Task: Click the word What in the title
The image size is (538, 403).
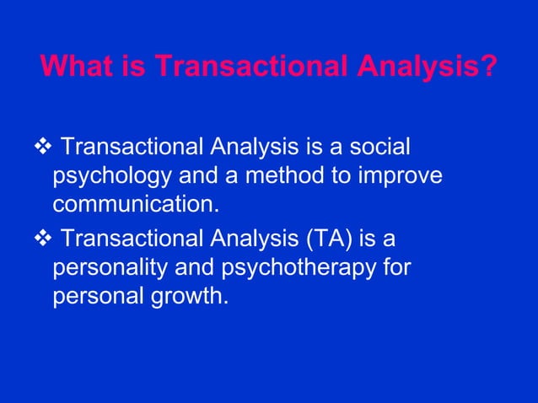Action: coord(74,66)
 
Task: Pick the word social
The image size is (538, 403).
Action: coord(381,148)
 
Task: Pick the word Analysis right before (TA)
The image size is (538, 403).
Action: coord(242,239)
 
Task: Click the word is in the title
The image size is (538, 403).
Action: coord(124,66)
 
